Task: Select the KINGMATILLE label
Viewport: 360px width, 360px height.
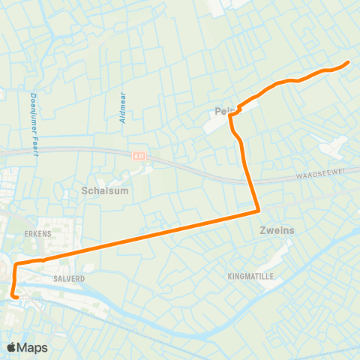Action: pyautogui.click(x=250, y=276)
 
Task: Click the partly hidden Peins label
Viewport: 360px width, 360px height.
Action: pyautogui.click(x=225, y=111)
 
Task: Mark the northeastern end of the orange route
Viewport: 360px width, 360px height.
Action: pyautogui.click(x=348, y=62)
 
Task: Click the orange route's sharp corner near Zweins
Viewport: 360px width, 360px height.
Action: pyautogui.click(x=258, y=211)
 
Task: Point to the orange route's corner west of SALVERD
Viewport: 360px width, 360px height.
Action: pyautogui.click(x=14, y=264)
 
